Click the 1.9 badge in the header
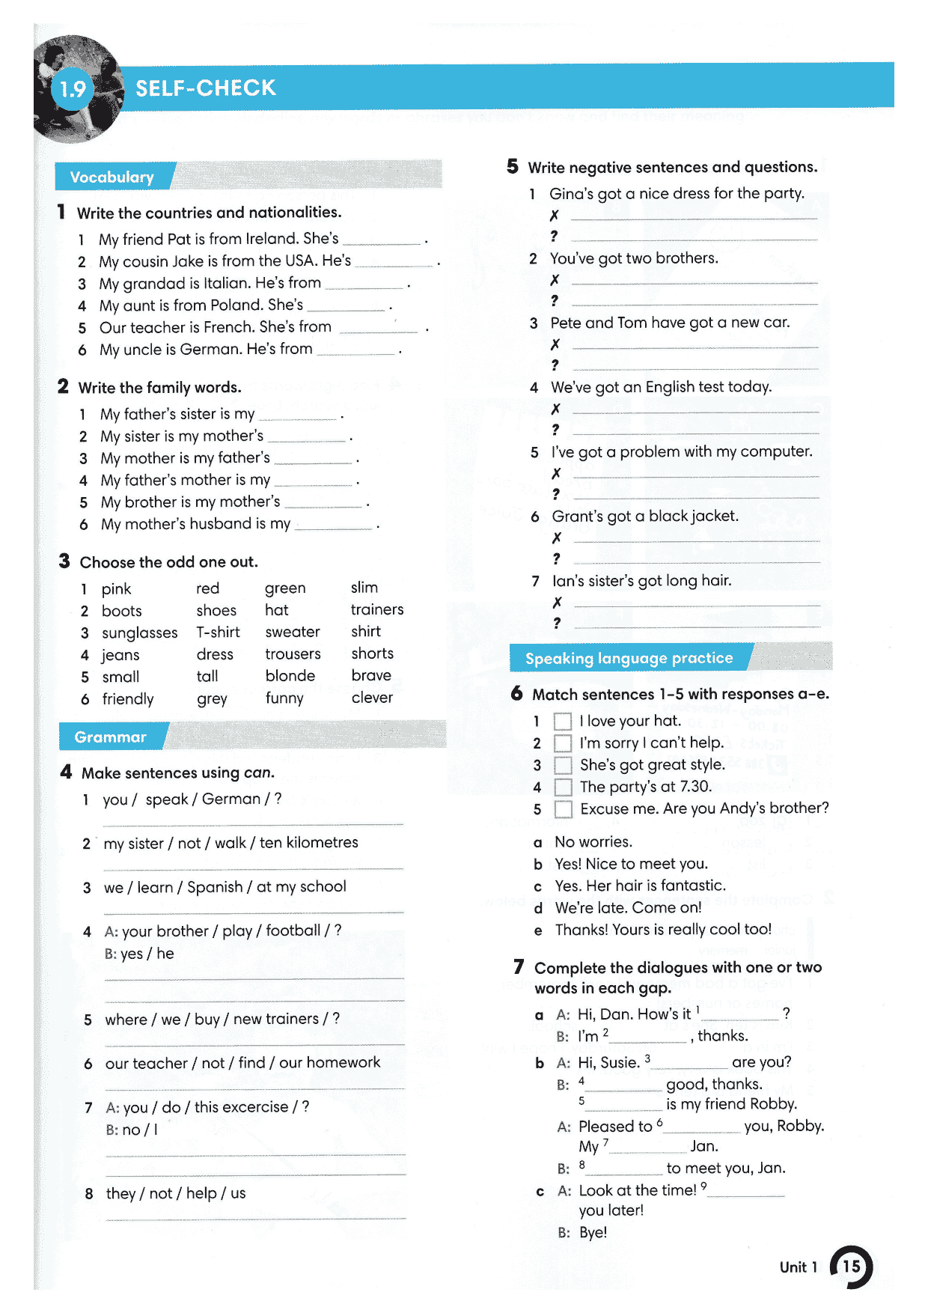point(73,90)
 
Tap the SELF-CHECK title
point(205,88)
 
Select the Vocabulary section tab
point(112,177)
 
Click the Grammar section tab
point(110,737)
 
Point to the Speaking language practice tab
point(629,658)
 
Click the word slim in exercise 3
point(364,588)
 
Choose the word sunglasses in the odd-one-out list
point(140,633)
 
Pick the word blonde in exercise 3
point(290,676)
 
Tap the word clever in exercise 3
point(372,698)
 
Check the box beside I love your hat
point(563,722)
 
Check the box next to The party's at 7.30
point(564,788)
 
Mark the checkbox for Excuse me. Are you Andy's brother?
point(564,809)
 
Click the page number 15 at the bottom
point(852,1267)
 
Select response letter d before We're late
point(538,909)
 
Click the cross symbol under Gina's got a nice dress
point(555,216)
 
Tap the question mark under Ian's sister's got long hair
point(557,623)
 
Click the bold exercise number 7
point(519,967)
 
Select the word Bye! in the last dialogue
point(593,1232)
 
